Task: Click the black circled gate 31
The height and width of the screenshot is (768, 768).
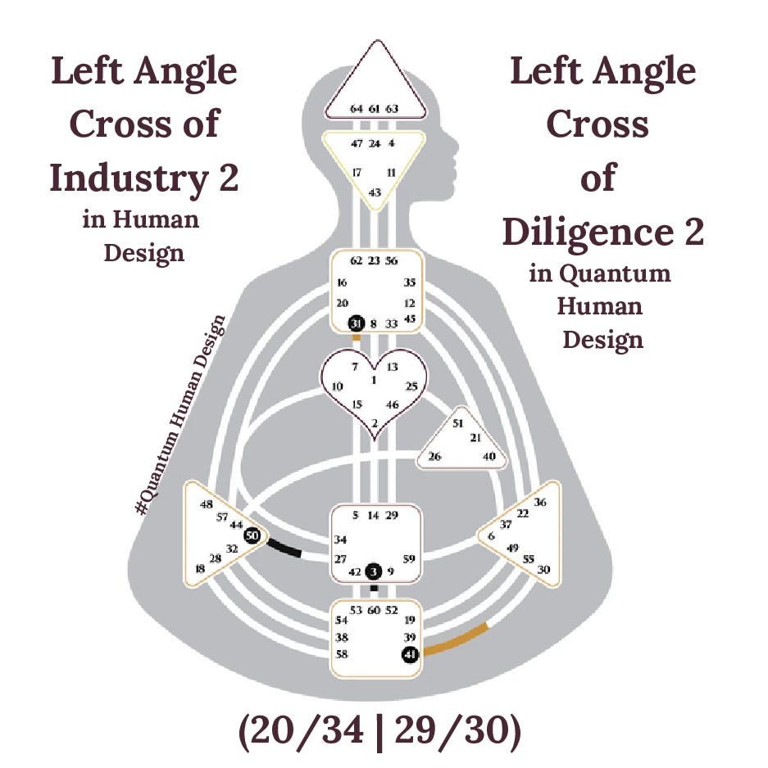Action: [x=356, y=323]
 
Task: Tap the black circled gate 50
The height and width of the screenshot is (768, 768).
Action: [x=252, y=535]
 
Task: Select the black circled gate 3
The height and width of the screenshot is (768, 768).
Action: [x=374, y=571]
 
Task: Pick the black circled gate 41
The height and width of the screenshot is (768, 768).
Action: [x=411, y=653]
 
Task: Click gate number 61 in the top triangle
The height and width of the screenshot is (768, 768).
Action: [x=375, y=108]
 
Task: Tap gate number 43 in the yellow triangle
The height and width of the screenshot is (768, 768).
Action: [x=375, y=192]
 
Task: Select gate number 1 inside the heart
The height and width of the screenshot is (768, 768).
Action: [x=374, y=380]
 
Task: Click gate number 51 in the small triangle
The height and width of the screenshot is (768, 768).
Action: [x=458, y=423]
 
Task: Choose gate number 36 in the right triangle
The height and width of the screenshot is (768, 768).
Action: [x=539, y=502]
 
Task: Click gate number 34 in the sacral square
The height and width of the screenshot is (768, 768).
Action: [x=341, y=540]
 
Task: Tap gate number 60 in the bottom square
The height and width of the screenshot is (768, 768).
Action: [x=374, y=610]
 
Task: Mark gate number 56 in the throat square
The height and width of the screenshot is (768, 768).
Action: [x=392, y=261]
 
